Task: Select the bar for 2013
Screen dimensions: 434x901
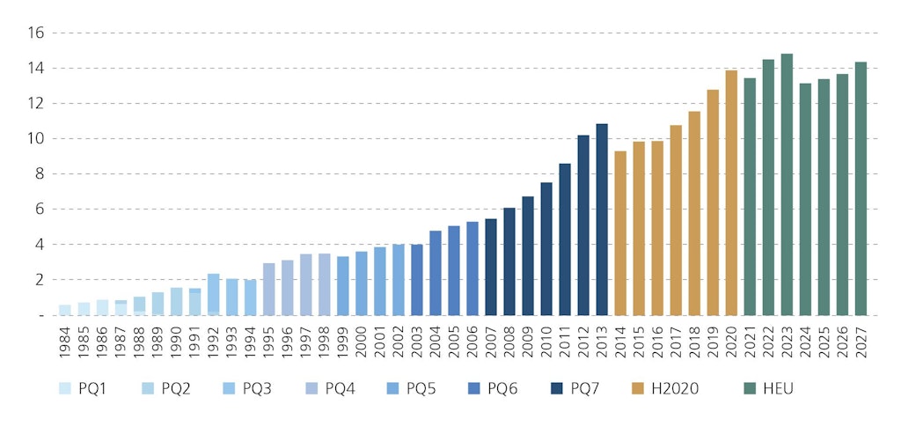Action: (x=602, y=219)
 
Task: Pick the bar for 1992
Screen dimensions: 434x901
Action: (x=214, y=294)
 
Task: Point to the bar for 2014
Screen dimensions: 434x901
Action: (x=620, y=232)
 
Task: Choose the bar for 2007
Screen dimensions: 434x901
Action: (x=491, y=267)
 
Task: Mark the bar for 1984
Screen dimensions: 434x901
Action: (x=65, y=310)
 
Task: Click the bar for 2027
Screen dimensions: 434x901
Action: (x=861, y=188)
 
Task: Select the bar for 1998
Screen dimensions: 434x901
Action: (x=325, y=284)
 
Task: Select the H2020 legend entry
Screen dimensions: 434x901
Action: (x=663, y=388)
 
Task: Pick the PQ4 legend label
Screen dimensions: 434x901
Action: (x=341, y=388)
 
